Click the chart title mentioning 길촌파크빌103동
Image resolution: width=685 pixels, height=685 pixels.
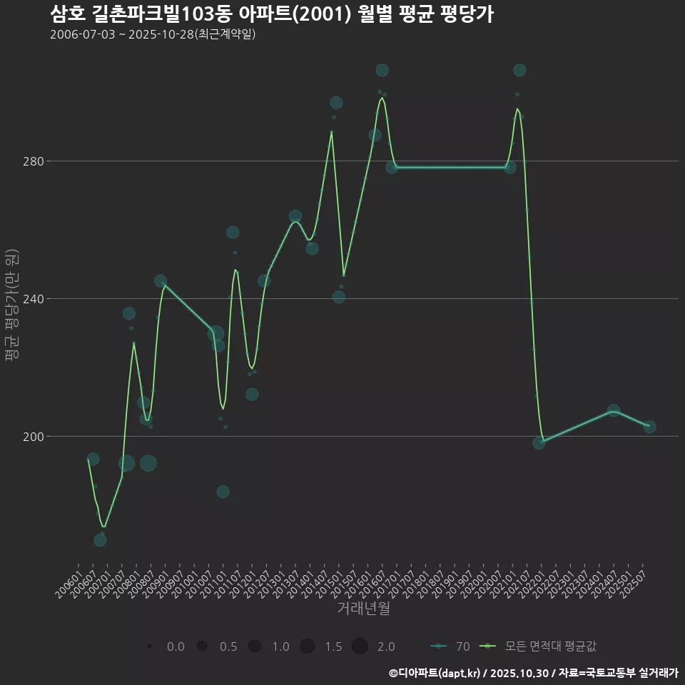click(272, 14)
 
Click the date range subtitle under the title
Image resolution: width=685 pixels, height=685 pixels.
click(153, 34)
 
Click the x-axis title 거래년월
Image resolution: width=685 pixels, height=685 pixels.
click(363, 609)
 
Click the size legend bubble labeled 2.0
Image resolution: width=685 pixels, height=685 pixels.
click(360, 646)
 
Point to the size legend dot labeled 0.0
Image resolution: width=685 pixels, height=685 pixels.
click(149, 646)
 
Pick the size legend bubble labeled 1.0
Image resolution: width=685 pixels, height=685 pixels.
click(255, 646)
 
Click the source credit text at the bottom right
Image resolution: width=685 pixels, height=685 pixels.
click(533, 673)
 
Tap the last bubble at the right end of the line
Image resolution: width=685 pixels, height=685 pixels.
click(649, 427)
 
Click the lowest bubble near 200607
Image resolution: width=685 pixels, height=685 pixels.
click(100, 540)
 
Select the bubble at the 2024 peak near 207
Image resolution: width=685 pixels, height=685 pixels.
click(614, 411)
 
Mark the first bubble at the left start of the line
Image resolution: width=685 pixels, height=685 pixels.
click(93, 460)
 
